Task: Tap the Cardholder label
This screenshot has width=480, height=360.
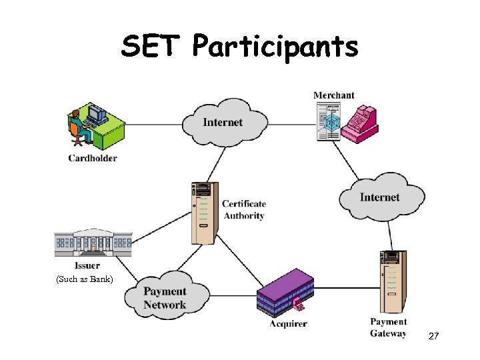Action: pos(92,158)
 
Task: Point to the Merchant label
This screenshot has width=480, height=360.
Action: pos(334,95)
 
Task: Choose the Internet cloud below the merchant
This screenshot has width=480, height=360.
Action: pos(380,197)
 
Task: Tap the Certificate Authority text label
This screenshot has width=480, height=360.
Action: pos(244,209)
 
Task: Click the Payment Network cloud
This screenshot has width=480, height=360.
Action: pos(165,298)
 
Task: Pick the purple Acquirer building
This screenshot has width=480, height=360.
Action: pos(285,293)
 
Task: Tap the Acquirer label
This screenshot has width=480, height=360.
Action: pos(288,324)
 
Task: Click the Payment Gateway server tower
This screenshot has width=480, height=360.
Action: pos(392,280)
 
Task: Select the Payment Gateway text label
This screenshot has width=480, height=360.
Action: pos(388,327)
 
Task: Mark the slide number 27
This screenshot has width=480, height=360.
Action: pos(433,337)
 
